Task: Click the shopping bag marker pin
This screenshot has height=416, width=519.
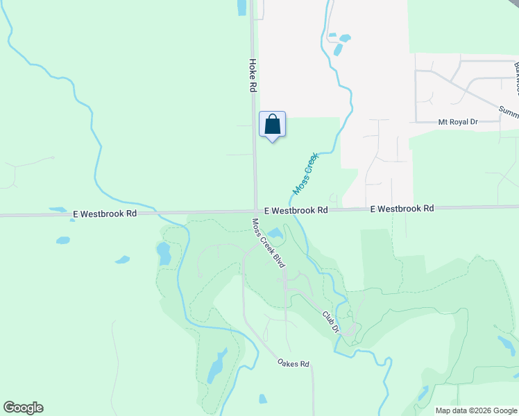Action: pos(273,125)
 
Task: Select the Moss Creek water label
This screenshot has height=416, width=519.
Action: pos(305,173)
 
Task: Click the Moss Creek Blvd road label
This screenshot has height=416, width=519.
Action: pos(269,240)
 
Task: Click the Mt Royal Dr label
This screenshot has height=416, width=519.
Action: pos(458,122)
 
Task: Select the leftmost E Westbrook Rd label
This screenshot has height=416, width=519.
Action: pos(104,215)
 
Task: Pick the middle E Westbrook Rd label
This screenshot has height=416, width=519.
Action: pos(296,209)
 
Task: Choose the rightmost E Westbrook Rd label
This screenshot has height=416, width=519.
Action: pos(402,208)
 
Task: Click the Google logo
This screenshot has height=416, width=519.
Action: pos(23,408)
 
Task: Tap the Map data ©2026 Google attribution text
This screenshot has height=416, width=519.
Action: pos(476,410)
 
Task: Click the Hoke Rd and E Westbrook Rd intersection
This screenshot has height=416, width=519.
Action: pos(255,212)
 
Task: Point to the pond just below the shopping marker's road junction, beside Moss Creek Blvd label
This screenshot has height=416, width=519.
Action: pos(275,233)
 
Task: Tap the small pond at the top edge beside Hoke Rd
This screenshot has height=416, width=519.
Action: pos(241,7)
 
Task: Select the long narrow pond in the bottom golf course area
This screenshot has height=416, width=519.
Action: pos(216,365)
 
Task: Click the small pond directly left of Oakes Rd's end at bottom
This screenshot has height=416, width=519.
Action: pos(263,399)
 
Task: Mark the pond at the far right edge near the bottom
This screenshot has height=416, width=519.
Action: pos(505,343)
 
